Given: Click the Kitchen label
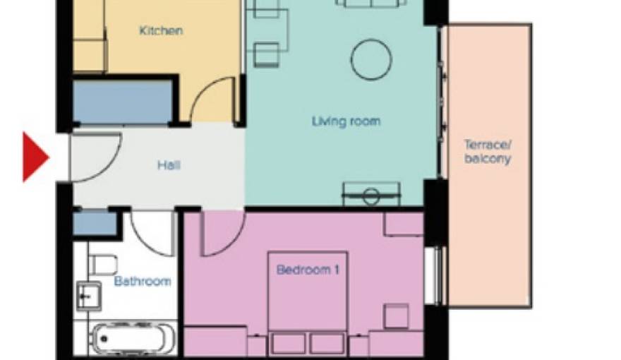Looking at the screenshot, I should [161, 30].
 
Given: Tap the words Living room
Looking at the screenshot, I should [346, 121].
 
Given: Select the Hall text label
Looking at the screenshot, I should [169, 165].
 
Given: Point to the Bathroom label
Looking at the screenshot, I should [143, 281].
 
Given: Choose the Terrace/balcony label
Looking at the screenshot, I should [487, 152].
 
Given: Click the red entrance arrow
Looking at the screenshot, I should [35, 157].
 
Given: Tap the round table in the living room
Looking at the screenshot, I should [371, 59].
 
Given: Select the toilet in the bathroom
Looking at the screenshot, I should [102, 263].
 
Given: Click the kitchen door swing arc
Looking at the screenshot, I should [214, 101].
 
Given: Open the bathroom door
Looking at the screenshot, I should [152, 233].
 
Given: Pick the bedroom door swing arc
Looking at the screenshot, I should [222, 234].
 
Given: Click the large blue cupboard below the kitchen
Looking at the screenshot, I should [123, 103].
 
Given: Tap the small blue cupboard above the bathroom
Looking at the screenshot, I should [95, 224].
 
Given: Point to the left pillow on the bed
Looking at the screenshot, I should [287, 343].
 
